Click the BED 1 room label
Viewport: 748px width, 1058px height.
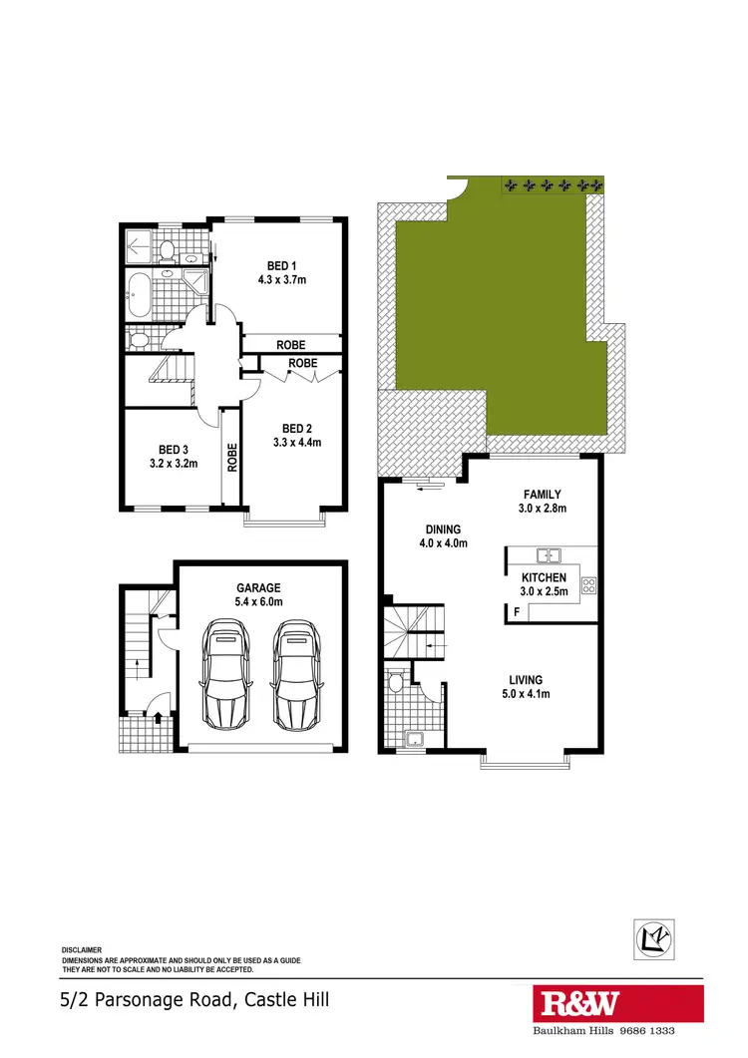[281, 265]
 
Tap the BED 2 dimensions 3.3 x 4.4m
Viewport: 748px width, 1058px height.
[297, 442]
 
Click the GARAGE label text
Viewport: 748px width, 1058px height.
[258, 588]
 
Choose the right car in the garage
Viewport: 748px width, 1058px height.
[295, 674]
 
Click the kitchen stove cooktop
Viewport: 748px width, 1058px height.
[588, 586]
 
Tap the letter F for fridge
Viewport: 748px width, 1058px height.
[516, 603]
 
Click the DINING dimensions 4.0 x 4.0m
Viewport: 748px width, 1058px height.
[443, 543]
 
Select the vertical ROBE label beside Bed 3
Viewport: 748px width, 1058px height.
[232, 457]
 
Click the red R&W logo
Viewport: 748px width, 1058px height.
[577, 1003]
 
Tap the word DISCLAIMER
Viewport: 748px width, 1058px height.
[82, 950]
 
